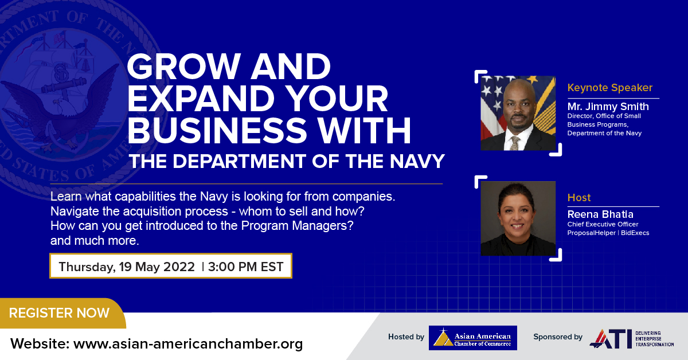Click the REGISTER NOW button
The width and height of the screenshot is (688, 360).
(60, 313)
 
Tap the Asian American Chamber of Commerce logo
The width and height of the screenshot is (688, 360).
(473, 338)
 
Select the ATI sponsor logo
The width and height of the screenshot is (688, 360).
(631, 338)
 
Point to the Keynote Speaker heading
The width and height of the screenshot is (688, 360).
(610, 88)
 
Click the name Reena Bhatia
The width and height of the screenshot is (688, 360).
(600, 214)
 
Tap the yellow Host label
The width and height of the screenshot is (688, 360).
(579, 198)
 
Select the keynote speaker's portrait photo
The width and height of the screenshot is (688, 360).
(518, 114)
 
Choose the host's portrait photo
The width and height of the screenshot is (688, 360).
(518, 218)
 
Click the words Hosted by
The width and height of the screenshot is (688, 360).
(406, 337)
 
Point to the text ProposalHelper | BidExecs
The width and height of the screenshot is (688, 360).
(608, 233)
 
